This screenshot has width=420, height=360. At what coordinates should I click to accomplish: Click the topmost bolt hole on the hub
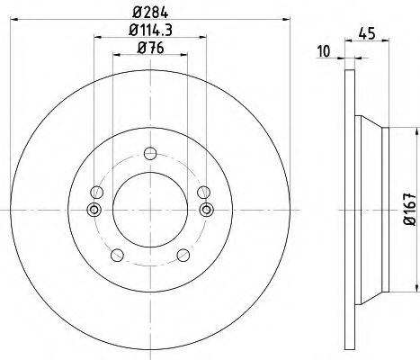pos(150,151)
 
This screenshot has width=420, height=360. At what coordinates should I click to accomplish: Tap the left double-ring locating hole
pos(94,211)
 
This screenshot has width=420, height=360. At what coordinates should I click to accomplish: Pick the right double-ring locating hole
pos(206,211)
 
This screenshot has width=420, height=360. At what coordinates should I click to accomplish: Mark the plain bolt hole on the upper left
pos(96,191)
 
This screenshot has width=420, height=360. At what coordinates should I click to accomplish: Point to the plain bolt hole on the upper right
pos(204,191)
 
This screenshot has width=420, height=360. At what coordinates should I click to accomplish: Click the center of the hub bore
pos(150,211)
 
